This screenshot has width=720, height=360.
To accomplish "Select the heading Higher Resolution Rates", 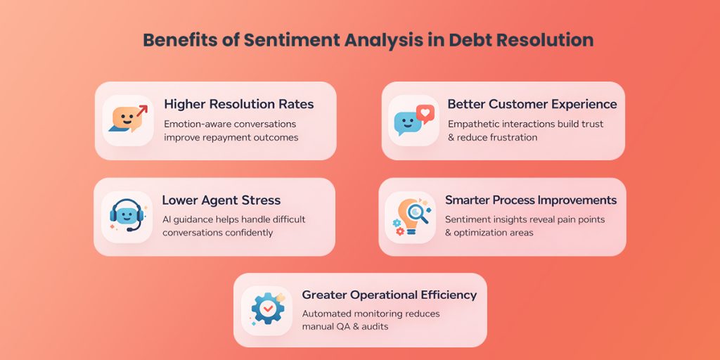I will (238, 104).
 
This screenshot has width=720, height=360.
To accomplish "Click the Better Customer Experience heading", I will (532, 104).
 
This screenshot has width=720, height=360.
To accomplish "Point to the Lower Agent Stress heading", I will (221, 200).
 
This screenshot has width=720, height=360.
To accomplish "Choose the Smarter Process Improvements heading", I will (531, 200).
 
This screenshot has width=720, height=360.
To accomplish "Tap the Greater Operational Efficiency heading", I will (389, 295).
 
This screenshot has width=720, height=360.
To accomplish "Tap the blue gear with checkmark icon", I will (267, 310).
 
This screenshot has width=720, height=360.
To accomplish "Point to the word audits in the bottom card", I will (373, 326).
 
